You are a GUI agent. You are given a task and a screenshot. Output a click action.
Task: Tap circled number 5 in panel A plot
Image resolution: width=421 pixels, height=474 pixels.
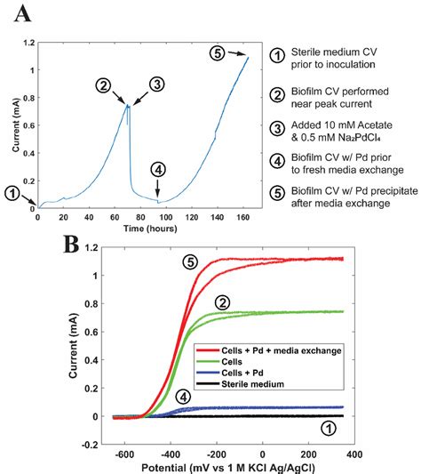[x=218, y=52]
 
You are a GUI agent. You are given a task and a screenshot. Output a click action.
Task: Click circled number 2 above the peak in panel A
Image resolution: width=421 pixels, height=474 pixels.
[x=105, y=86]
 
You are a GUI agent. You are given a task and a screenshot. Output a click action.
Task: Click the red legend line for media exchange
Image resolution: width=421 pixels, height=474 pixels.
[x=207, y=351]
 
